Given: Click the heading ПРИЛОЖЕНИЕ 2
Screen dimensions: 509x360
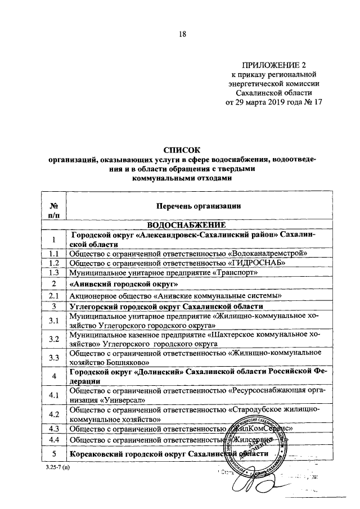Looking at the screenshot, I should pyautogui.click(x=274, y=65).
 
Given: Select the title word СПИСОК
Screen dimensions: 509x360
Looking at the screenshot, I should pyautogui.click(x=182, y=150).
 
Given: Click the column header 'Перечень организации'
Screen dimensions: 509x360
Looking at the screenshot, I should pyautogui.click(x=191, y=206).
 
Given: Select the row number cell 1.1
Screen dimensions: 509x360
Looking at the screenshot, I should pyautogui.click(x=55, y=254).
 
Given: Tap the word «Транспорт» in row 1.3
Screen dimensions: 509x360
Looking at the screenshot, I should pyautogui.click(x=236, y=273).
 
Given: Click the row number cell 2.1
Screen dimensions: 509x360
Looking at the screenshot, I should pyautogui.click(x=55, y=296).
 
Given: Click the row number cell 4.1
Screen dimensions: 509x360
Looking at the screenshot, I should pyautogui.click(x=55, y=395).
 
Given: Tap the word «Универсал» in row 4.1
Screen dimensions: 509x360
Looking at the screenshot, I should pyautogui.click(x=124, y=400).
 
